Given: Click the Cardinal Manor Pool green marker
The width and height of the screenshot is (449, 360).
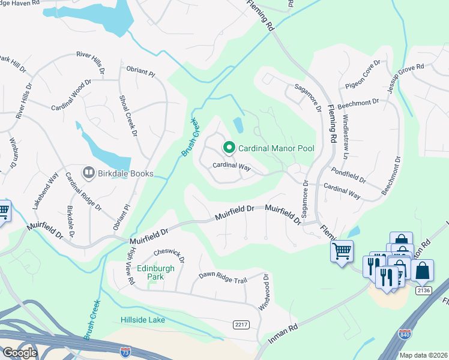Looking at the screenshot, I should tap(229, 147).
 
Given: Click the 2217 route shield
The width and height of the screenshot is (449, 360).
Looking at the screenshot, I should tap(241, 324).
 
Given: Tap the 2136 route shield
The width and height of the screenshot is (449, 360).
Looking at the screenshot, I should tap(423, 290).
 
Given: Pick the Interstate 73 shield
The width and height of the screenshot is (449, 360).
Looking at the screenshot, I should tap(125, 353).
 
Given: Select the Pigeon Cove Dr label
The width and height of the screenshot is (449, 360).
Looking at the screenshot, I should tap(363, 75).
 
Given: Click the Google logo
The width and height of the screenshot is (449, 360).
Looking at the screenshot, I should tap(19, 353).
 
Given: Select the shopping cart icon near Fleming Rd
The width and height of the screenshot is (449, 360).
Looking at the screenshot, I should tap(342, 251).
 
